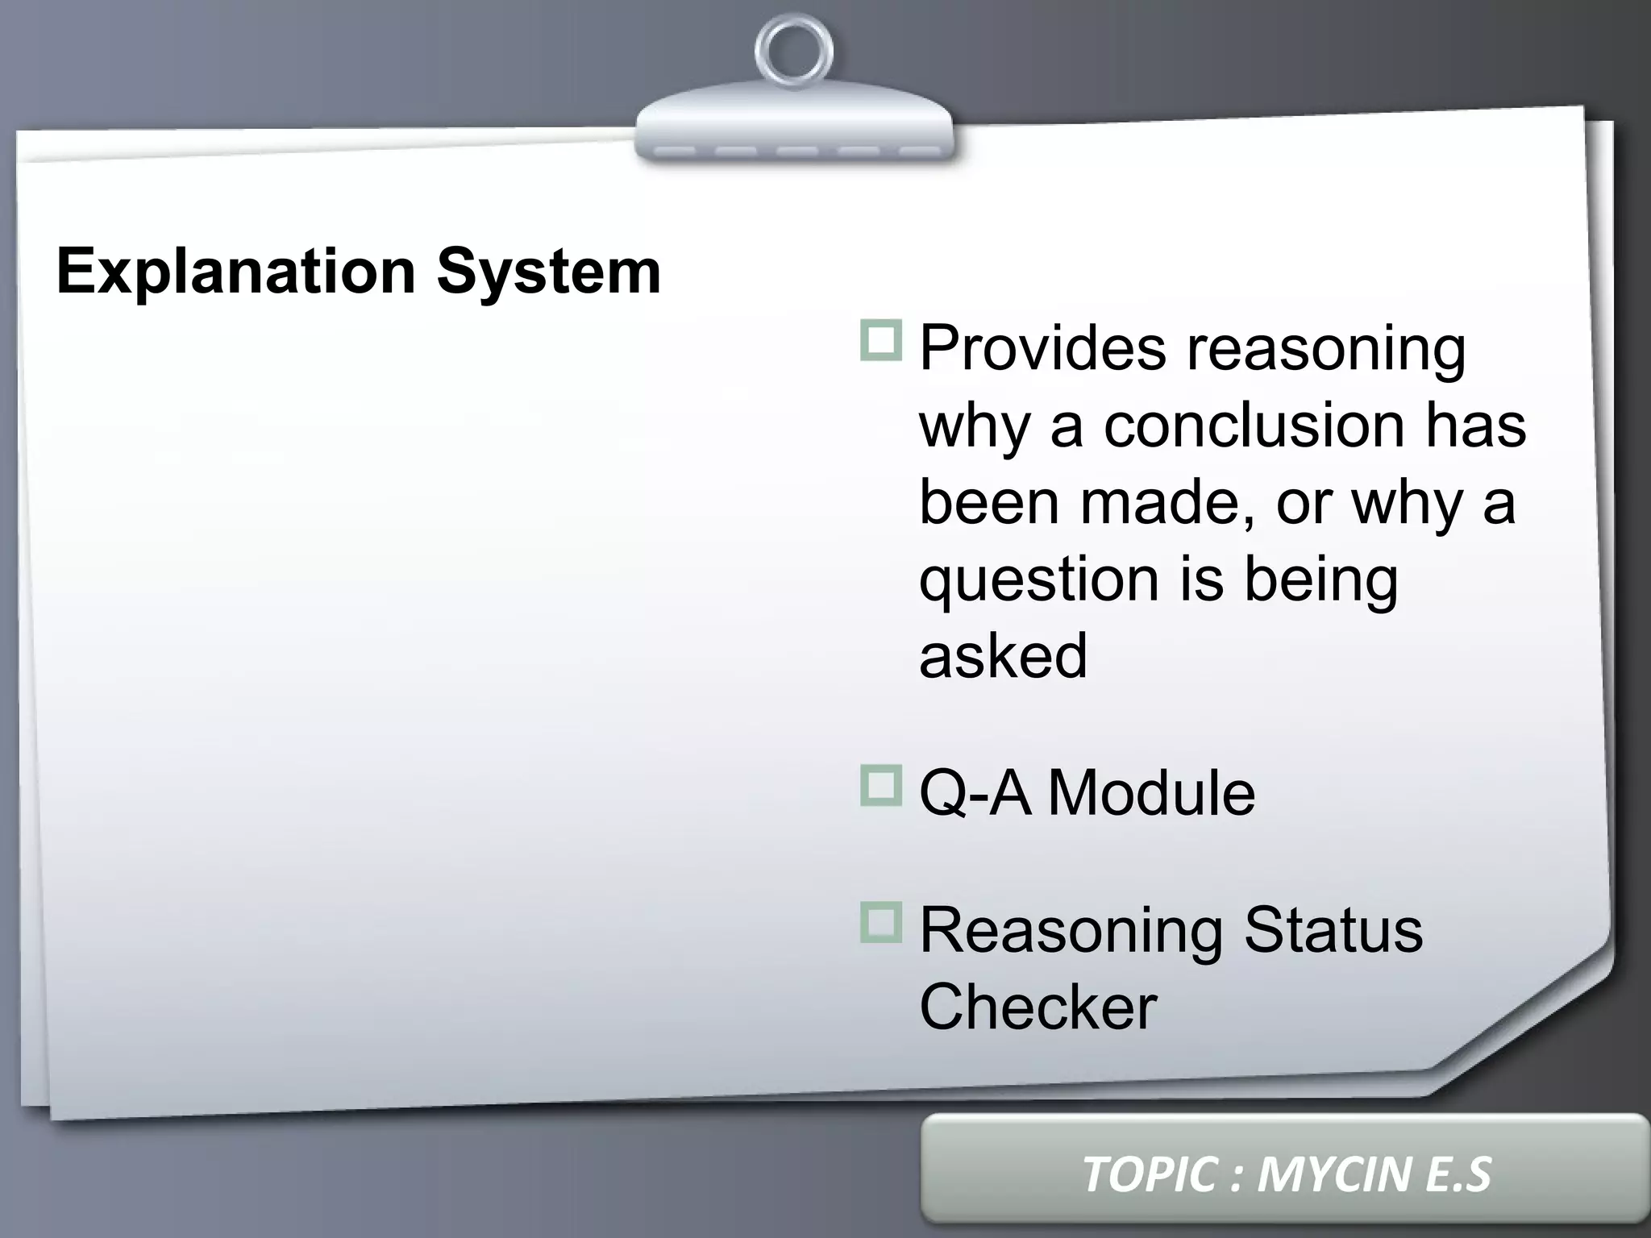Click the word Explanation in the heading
(x=235, y=272)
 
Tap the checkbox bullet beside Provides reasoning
(x=880, y=340)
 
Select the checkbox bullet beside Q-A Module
(x=880, y=785)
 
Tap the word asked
(x=1003, y=654)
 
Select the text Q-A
(x=975, y=793)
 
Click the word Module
(x=1151, y=793)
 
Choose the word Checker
(x=1038, y=1007)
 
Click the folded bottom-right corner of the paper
(x=1532, y=1024)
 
